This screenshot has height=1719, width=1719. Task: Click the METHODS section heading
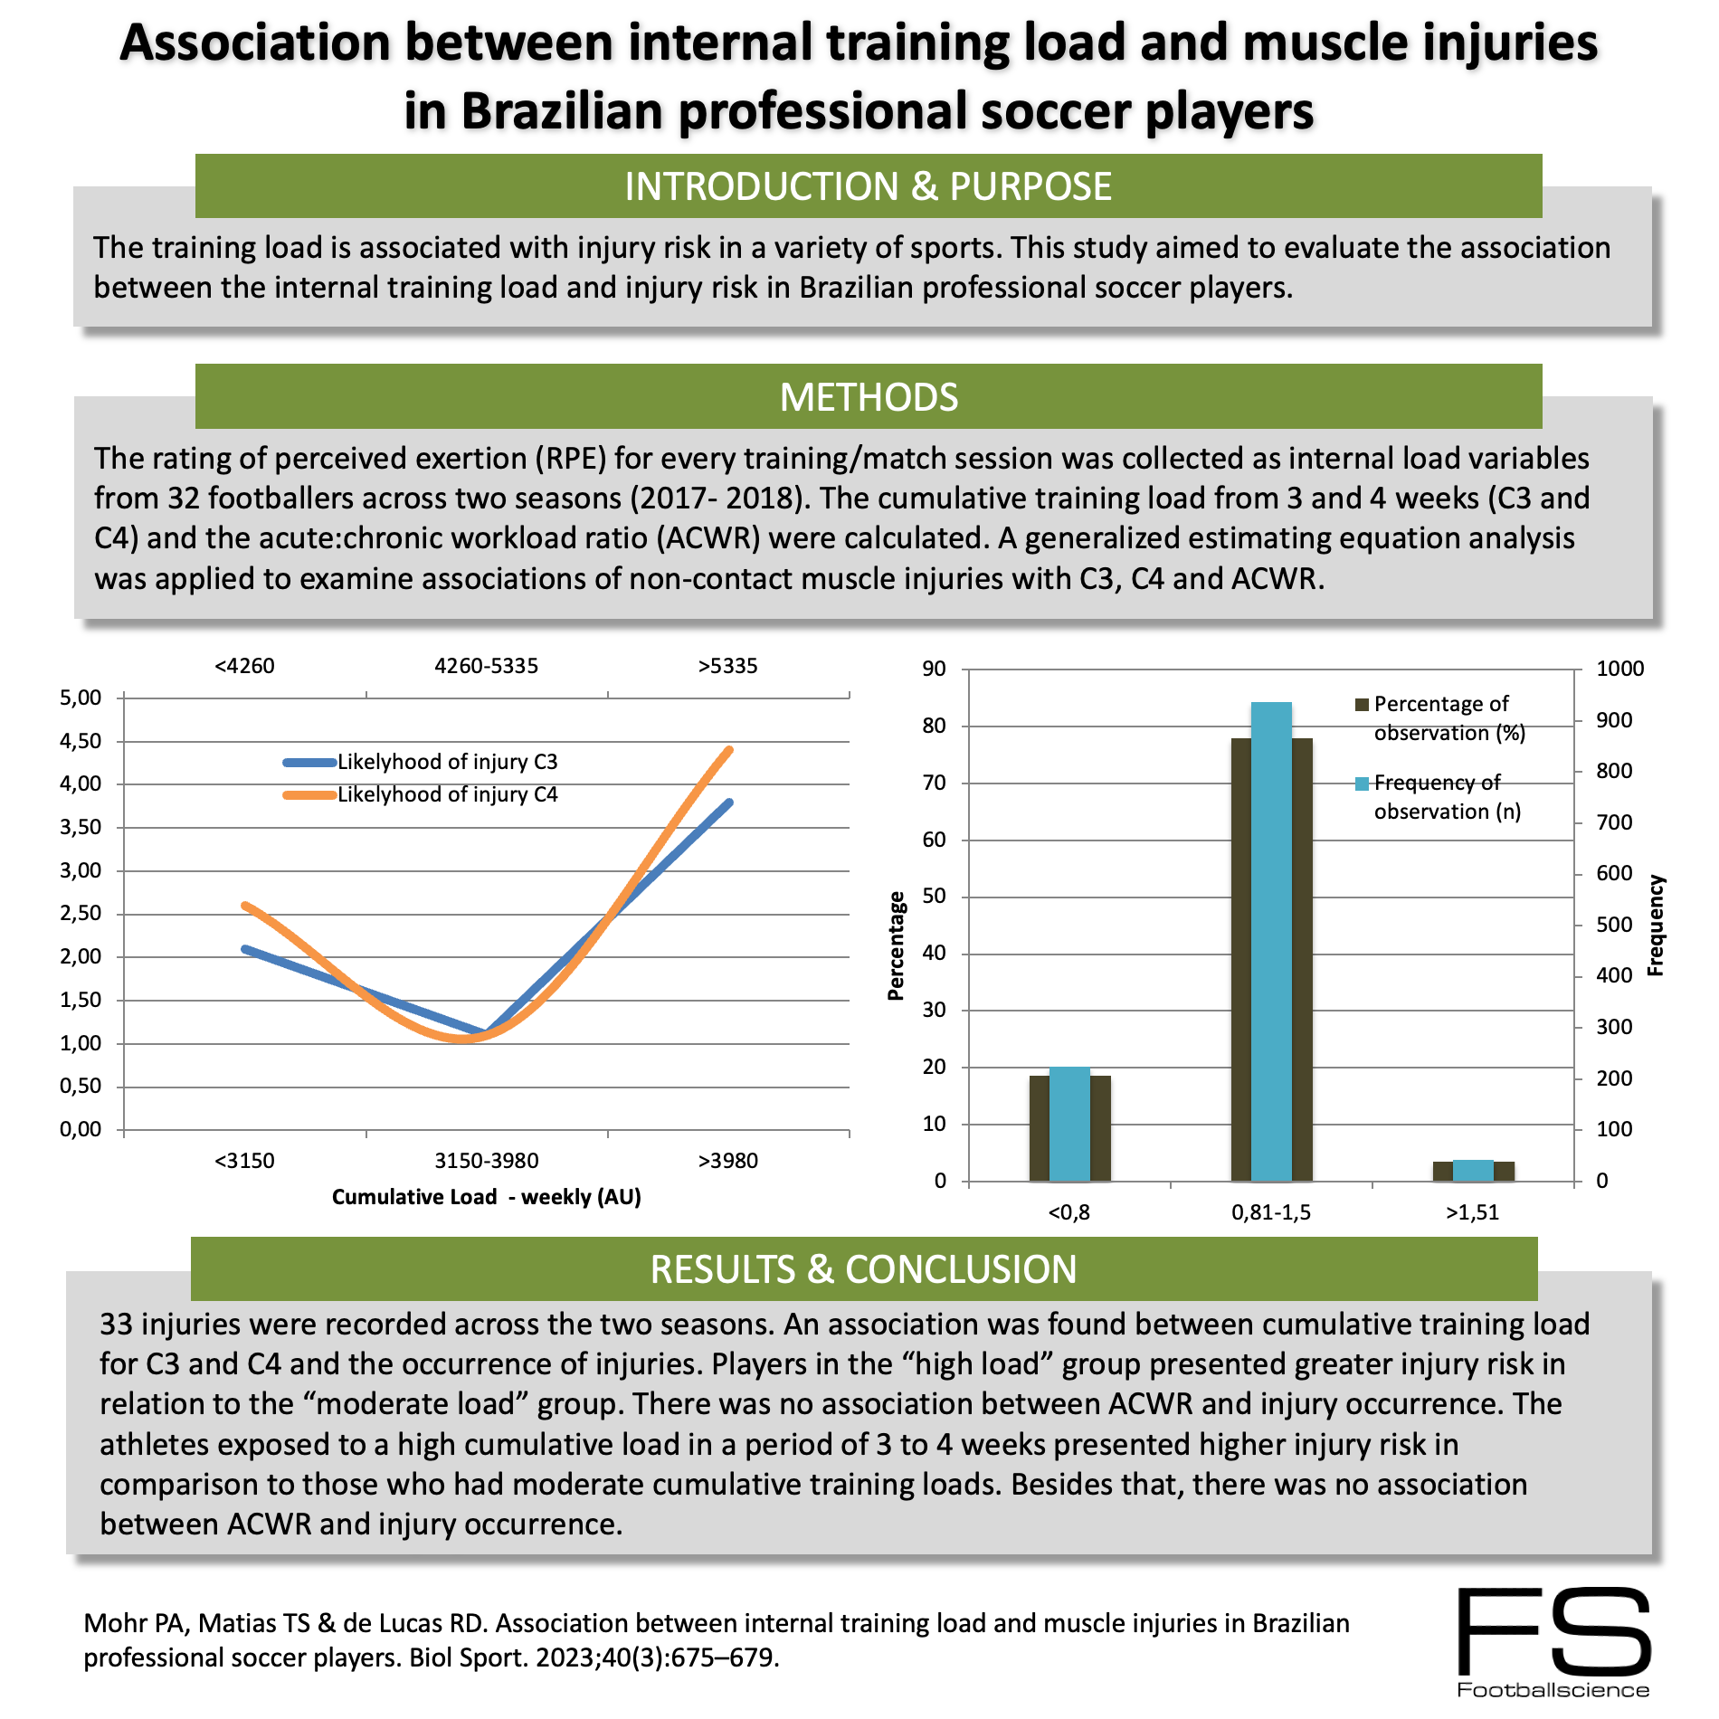869,397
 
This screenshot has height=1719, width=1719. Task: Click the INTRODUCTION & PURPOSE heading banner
869,186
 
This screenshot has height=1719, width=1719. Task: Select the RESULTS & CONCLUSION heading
863,1269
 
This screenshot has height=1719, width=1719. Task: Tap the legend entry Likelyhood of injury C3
447,762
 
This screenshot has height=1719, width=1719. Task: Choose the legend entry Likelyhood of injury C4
447,794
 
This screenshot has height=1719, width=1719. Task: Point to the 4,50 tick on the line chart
81,741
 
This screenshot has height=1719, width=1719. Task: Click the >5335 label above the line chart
727,667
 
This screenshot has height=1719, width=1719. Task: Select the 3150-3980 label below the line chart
486,1161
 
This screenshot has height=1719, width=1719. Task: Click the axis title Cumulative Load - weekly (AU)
486,1197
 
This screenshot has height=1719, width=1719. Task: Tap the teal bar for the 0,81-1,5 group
1271,941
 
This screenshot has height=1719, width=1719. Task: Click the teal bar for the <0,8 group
1069,1124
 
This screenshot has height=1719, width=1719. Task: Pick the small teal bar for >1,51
1473,1171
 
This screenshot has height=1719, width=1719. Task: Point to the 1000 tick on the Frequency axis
1619,669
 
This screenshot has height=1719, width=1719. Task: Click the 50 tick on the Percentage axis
934,897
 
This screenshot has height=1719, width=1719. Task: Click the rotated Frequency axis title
1656,925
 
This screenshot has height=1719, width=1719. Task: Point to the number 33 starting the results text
117,1325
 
